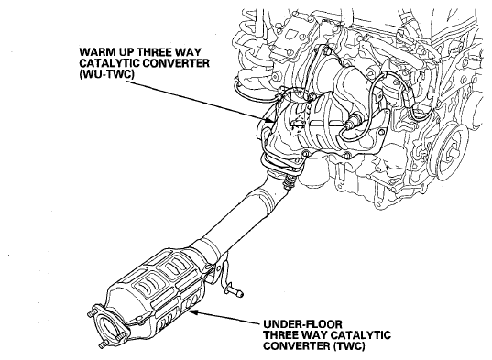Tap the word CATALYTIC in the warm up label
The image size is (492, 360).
(109, 63)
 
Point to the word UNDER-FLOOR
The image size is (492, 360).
(302, 324)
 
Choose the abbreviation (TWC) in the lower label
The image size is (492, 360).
(350, 346)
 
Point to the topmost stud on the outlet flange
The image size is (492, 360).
(91, 313)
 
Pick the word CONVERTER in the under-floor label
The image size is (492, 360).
(297, 346)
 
